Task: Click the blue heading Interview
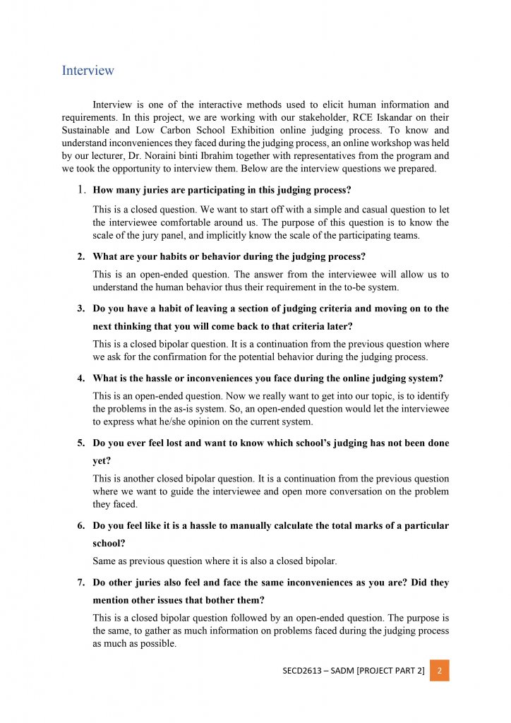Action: (x=88, y=71)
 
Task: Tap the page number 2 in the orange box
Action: (x=439, y=670)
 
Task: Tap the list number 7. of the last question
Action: (x=82, y=582)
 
